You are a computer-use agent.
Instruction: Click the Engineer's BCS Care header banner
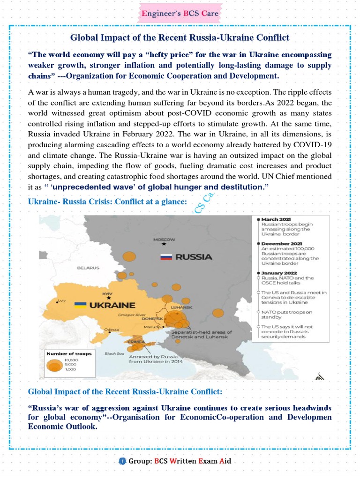180,14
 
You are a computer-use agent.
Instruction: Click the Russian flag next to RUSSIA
166,257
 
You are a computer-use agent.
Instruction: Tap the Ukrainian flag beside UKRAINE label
81,304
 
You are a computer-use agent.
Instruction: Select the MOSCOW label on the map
164,239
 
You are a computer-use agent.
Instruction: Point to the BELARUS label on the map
88,268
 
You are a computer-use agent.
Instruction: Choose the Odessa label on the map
112,330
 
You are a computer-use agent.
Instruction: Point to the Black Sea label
111,353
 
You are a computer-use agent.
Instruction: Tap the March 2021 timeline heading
276,219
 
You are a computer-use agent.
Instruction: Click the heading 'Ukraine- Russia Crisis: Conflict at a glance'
107,202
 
